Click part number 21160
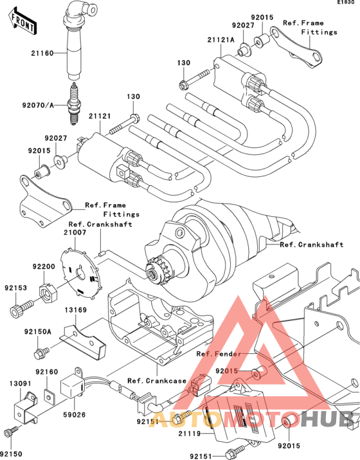tap(42, 53)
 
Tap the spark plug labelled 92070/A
tap(74, 104)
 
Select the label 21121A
tap(221, 40)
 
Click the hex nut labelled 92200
tap(47, 293)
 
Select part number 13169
tap(76, 310)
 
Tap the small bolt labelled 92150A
tap(42, 351)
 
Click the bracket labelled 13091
tap(26, 407)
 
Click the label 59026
tap(75, 414)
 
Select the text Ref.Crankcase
tap(157, 381)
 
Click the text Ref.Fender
tap(219, 354)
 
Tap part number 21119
tap(190, 434)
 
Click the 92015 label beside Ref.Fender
tap(227, 371)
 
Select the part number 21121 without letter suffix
tap(100, 116)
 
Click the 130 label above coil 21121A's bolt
tap(183, 62)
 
